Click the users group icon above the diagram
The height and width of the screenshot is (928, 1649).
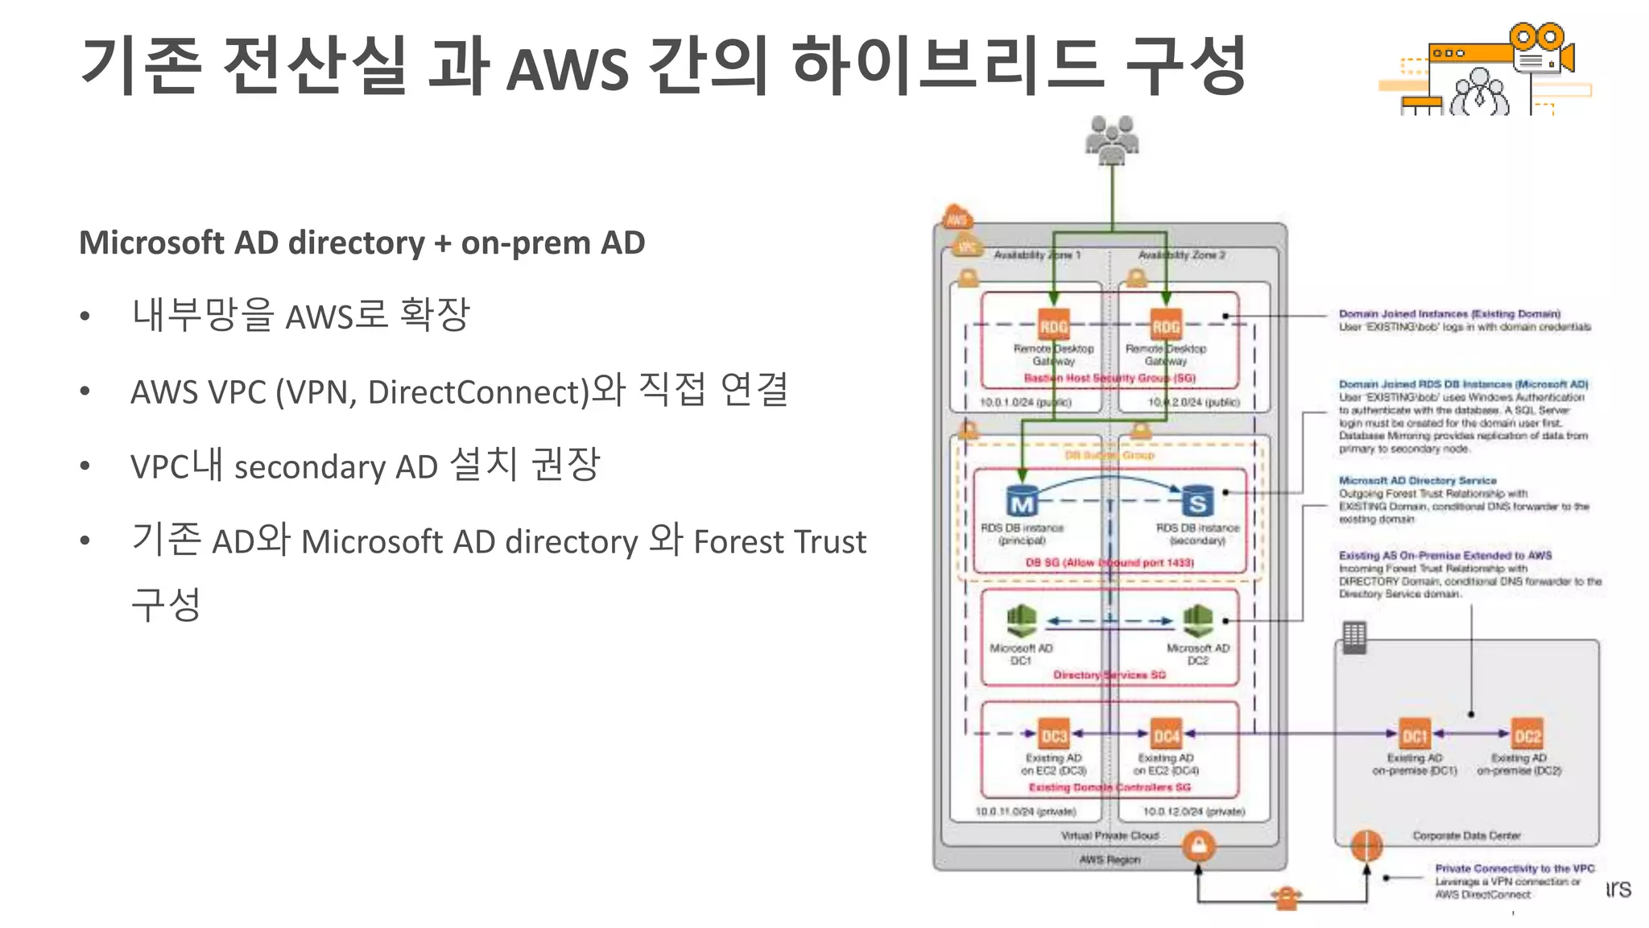pos(1112,139)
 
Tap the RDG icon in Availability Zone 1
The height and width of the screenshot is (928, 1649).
pos(1053,325)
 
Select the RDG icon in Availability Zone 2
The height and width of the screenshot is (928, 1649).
pos(1166,325)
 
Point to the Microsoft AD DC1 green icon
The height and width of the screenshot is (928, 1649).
pos(1021,621)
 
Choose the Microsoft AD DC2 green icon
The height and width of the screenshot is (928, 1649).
pos(1198,621)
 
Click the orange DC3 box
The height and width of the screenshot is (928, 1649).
pos(1053,735)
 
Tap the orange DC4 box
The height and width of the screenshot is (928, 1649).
pos(1166,735)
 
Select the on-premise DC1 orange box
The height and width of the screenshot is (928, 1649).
pos(1415,735)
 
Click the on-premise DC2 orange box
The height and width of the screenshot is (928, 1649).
pos(1527,735)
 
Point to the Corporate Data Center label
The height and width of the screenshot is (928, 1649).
pos(1466,835)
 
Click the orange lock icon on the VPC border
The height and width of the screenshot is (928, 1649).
pos(1199,846)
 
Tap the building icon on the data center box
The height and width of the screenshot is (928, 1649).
pos(1354,637)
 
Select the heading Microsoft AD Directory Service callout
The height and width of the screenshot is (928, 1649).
pos(1417,480)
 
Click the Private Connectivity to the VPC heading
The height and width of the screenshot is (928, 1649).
pos(1515,868)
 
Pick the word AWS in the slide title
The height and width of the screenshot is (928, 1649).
pos(567,69)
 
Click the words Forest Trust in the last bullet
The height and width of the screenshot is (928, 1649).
pos(779,541)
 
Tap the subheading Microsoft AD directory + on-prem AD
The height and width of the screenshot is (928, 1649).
pos(362,242)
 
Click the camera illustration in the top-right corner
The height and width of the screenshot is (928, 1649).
pos(1542,52)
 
